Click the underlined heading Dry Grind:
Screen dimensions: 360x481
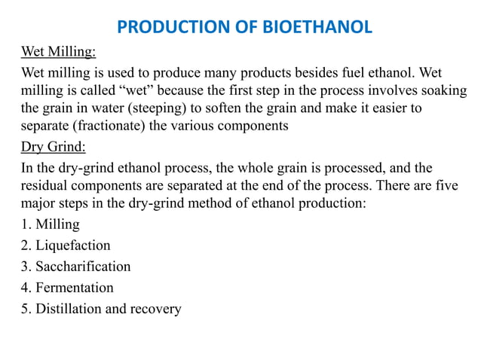point(53,145)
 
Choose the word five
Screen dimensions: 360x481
point(445,183)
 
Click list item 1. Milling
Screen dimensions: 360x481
point(51,224)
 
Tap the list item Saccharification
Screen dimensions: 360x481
point(76,267)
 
